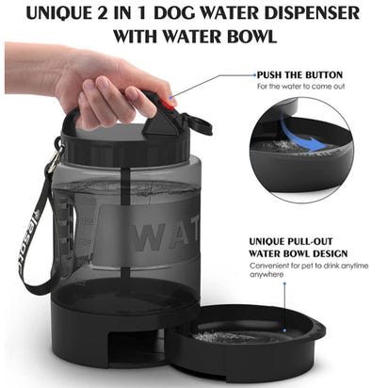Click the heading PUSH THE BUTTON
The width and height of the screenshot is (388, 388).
[299, 74]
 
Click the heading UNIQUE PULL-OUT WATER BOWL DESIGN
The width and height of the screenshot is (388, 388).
[298, 247]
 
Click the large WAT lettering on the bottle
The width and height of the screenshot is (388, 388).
[160, 235]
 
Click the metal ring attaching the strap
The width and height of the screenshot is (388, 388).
[57, 151]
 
